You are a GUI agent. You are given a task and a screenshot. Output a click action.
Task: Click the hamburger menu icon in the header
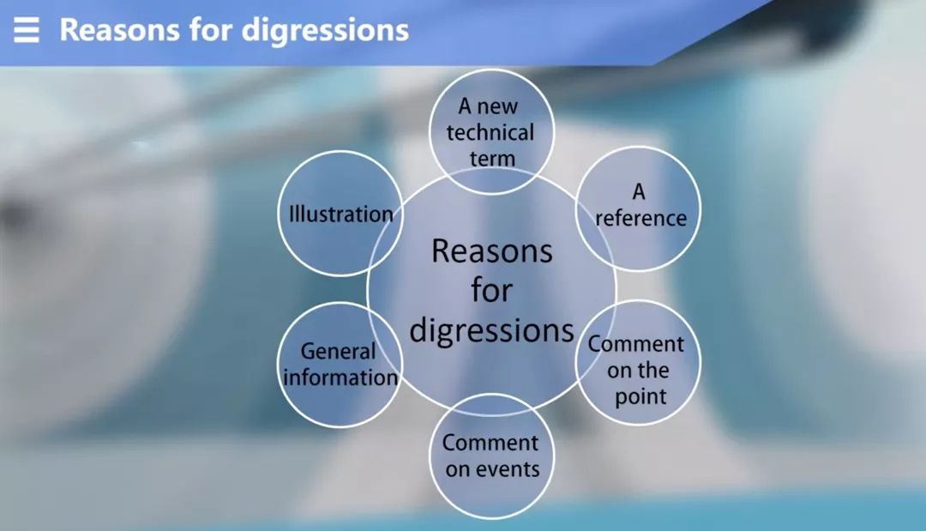tap(27, 30)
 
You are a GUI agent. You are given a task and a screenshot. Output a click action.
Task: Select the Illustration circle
tap(340, 214)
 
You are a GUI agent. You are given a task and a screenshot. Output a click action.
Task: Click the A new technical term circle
tap(490, 131)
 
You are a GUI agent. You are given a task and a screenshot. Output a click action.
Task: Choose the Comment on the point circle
tap(637, 365)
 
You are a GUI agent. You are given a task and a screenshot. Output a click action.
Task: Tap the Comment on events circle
tap(491, 456)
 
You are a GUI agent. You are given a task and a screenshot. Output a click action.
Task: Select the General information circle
tap(340, 364)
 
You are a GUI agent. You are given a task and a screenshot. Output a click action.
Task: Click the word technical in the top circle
tap(490, 132)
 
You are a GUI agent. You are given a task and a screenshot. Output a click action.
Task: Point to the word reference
tap(640, 218)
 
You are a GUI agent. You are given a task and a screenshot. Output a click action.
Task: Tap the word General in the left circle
tap(338, 351)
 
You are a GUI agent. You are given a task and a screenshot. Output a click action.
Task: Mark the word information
tap(340, 377)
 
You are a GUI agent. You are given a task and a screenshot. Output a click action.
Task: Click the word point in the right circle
tap(640, 397)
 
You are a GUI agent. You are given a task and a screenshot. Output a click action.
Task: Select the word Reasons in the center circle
tap(491, 251)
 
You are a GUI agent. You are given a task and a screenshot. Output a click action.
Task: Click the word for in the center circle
tap(491, 290)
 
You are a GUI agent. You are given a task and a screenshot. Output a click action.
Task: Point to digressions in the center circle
tap(491, 330)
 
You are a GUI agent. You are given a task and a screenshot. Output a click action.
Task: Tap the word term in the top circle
tap(491, 158)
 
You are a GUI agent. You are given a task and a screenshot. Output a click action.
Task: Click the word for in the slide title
tap(206, 30)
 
